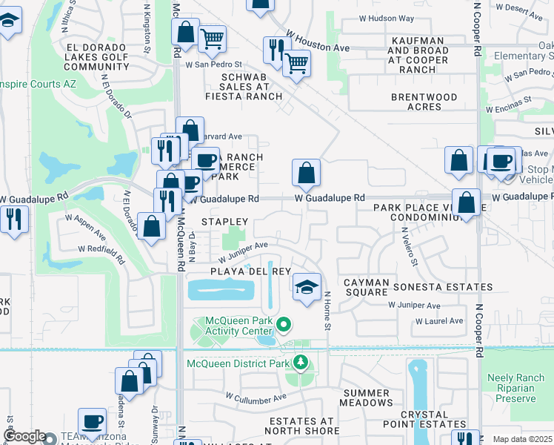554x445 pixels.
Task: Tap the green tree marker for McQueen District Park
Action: [x=300, y=362]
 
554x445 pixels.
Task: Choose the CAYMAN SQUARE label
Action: [x=366, y=287]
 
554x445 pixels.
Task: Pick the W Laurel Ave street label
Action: [x=439, y=321]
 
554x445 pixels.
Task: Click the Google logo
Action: [x=24, y=437]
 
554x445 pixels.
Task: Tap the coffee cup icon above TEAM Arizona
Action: [x=93, y=421]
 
